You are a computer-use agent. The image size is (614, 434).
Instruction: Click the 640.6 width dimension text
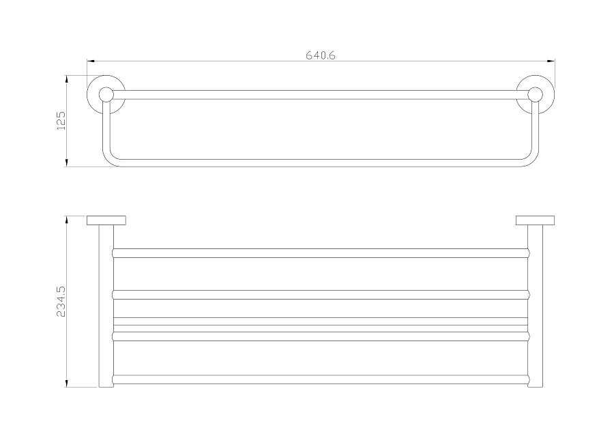coord(321,55)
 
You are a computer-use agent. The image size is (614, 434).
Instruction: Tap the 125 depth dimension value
coord(62,121)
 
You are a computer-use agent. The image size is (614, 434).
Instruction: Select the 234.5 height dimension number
coord(61,301)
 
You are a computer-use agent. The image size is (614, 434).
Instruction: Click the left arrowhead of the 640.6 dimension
coord(91,61)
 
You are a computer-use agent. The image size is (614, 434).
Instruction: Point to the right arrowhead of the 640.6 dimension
coord(551,61)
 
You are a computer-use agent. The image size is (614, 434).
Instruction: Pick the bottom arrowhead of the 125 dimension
coord(67,162)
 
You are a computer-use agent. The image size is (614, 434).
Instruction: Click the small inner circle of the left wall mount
coord(106,94)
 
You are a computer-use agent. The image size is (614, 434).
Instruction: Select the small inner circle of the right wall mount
coord(536,94)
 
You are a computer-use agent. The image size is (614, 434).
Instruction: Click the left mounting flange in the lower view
coord(106,220)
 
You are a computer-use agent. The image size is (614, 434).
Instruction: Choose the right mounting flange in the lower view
coord(536,220)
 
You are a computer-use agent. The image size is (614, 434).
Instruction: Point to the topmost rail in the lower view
coord(321,253)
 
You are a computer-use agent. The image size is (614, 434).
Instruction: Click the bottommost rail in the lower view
coord(321,379)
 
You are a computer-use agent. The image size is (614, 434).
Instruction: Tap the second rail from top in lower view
coord(321,295)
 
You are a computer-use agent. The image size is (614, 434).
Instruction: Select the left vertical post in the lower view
coord(106,306)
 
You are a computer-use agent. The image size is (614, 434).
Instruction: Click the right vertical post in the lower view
coord(536,306)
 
